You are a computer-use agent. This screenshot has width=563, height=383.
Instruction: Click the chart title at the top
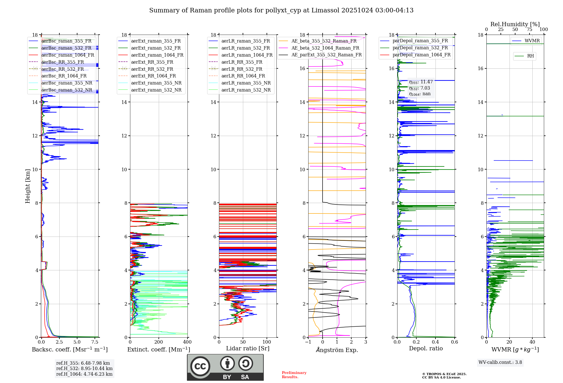coord(281,10)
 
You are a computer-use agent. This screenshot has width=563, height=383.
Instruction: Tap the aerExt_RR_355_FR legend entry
coord(152,62)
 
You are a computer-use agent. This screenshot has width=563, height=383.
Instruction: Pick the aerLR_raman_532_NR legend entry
coord(246,90)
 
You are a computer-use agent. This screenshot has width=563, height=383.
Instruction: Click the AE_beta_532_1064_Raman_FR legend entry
coord(325,48)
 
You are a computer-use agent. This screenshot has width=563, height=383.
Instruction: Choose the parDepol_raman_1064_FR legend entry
coord(421,55)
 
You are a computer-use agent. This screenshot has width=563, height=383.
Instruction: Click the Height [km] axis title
coord(28,186)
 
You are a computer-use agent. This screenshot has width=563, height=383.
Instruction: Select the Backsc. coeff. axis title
coord(70,349)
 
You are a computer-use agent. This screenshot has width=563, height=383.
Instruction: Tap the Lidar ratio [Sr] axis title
coord(247,348)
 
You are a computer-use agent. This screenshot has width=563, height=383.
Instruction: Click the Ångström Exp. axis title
coord(337,350)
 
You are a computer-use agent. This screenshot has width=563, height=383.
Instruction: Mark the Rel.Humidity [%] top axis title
coord(515,24)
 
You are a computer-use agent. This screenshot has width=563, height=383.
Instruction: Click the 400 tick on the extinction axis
coord(187,342)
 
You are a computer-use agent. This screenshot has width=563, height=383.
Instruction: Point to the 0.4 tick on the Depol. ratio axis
coord(435,342)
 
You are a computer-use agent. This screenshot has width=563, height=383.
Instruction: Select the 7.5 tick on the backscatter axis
coord(95,342)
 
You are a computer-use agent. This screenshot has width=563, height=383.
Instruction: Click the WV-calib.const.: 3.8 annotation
coord(500,362)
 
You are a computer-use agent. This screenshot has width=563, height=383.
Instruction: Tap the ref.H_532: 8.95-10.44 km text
coord(84,368)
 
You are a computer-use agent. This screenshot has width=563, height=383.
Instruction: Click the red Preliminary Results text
coord(294,375)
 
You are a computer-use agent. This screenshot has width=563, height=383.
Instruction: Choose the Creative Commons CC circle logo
coord(200,366)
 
